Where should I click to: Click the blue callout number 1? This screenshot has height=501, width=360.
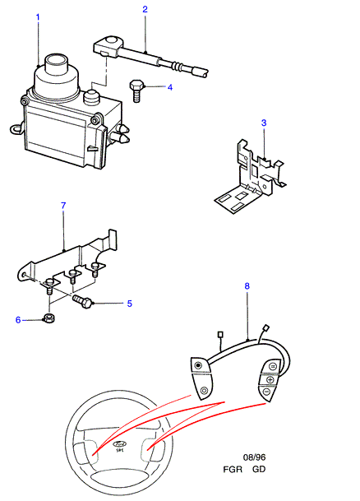click(38, 16)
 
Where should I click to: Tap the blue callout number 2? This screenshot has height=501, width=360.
click(145, 9)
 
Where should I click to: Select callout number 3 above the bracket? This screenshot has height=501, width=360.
click(264, 123)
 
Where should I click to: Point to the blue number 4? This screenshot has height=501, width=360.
click(170, 87)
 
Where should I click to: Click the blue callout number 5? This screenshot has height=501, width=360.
click(130, 304)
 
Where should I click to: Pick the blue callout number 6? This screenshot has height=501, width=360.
click(18, 320)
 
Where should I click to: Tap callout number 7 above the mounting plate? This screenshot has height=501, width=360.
click(63, 206)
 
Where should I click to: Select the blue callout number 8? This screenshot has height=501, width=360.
click(247, 286)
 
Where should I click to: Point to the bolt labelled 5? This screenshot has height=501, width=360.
click(83, 301)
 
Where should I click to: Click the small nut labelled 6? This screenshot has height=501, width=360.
click(48, 318)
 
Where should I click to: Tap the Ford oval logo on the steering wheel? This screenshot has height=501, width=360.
click(120, 444)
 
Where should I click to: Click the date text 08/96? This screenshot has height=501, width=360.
click(254, 457)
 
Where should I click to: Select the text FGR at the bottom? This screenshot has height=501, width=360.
click(233, 470)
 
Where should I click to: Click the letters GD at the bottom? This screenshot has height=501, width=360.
click(259, 470)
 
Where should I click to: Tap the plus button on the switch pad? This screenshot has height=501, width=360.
click(270, 380)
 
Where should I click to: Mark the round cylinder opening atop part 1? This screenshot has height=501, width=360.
click(56, 60)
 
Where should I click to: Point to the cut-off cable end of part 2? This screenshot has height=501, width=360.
click(205, 73)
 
